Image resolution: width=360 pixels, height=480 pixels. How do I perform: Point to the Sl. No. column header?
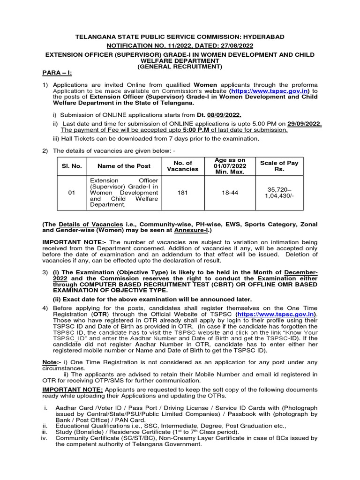(x=68, y=166)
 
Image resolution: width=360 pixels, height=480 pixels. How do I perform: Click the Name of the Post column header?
(x=124, y=166)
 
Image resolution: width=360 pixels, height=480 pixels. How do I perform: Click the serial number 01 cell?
(x=68, y=192)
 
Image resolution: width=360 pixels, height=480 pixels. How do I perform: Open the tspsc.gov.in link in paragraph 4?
(x=277, y=314)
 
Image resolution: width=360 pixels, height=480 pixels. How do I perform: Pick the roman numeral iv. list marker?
(x=45, y=438)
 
